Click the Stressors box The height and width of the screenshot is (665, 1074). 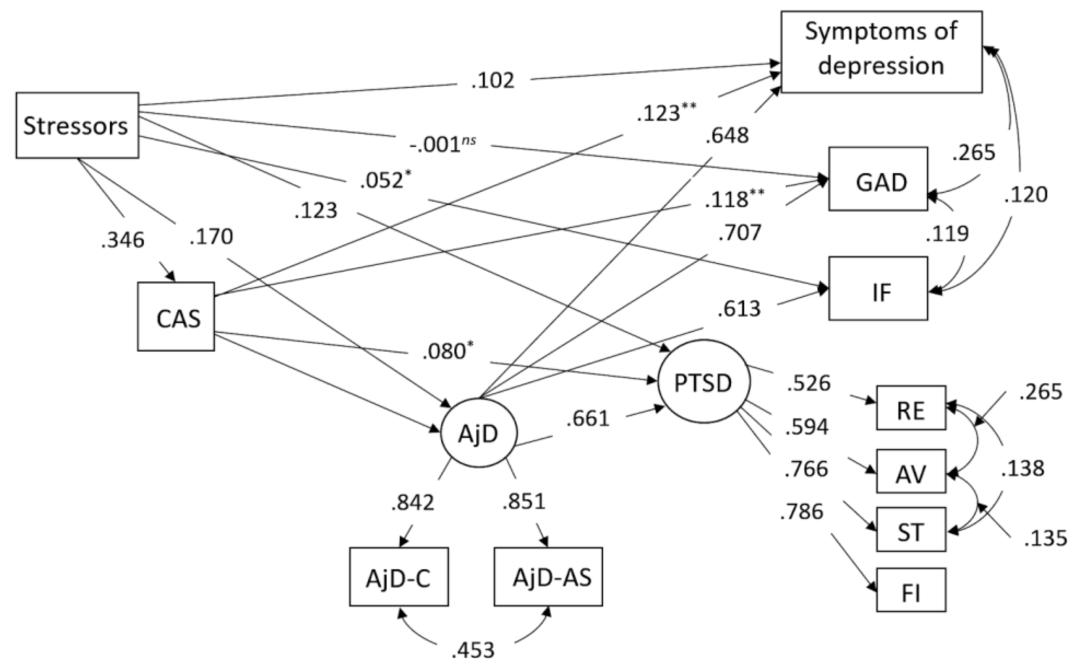77,125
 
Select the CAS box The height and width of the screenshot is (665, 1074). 176,317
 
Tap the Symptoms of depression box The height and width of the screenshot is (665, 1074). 881,52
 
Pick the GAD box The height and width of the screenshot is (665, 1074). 878,180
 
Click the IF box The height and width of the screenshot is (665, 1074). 878,289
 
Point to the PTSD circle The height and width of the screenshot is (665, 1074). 703,382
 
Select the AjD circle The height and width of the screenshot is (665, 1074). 479,433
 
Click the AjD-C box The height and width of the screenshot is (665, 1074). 399,577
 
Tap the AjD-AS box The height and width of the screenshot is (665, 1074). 548,577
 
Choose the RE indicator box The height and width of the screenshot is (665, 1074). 911,408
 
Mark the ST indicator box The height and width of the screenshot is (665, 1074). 911,530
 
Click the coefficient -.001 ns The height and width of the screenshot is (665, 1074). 442,144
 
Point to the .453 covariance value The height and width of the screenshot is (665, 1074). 473,650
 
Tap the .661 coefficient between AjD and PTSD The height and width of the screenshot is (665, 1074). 588,418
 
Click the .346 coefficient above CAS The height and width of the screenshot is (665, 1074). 122,240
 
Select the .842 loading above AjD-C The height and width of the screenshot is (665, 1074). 412,503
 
